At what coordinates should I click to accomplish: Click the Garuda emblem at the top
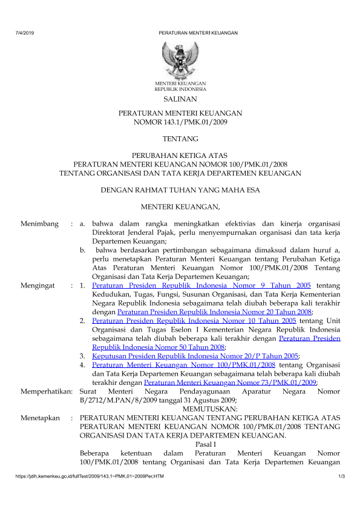[180, 58]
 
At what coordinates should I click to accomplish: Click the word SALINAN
[180, 98]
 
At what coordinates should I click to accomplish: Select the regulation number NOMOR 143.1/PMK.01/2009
[180, 122]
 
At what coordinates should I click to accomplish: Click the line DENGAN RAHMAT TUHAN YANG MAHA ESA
[180, 190]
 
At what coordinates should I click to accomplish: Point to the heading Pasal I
[209, 445]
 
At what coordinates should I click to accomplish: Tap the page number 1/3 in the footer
[341, 479]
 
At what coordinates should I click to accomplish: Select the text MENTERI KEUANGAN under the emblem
[180, 83]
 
